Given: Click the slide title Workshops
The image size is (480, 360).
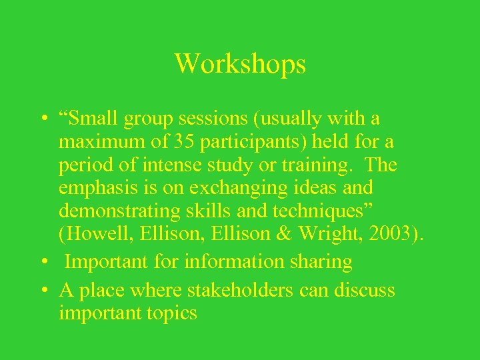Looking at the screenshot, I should click(x=240, y=64).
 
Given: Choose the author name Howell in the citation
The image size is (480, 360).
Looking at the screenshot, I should click(x=97, y=234).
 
